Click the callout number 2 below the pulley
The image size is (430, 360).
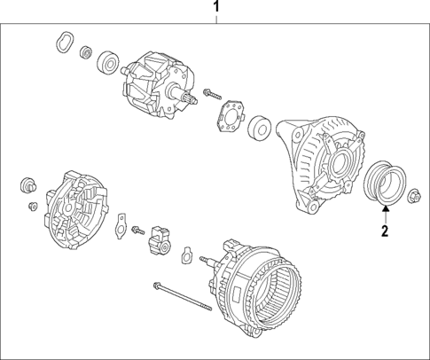point(385,232)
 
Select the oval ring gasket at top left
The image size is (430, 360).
point(63,41)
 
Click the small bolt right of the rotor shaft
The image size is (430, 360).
point(210,92)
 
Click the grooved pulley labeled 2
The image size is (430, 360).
point(383,182)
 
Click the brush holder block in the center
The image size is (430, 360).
point(162,237)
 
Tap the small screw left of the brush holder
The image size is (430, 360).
point(137,231)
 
